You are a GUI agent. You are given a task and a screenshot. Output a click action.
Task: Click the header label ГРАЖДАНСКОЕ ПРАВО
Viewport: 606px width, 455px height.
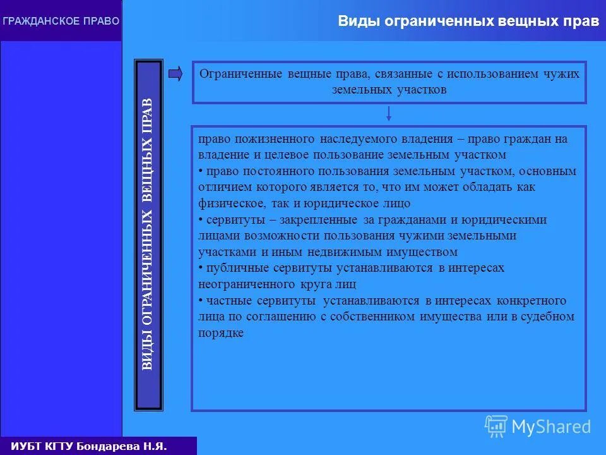61,21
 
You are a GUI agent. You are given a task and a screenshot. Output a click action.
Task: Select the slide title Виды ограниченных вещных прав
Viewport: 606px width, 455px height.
468,21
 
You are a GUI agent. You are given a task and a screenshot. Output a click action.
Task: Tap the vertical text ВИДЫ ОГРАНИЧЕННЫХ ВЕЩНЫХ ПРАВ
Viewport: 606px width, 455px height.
147,234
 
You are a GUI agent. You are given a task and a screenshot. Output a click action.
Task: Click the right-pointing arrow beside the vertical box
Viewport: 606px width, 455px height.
176,74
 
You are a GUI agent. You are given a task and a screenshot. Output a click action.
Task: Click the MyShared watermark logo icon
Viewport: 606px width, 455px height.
496,426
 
